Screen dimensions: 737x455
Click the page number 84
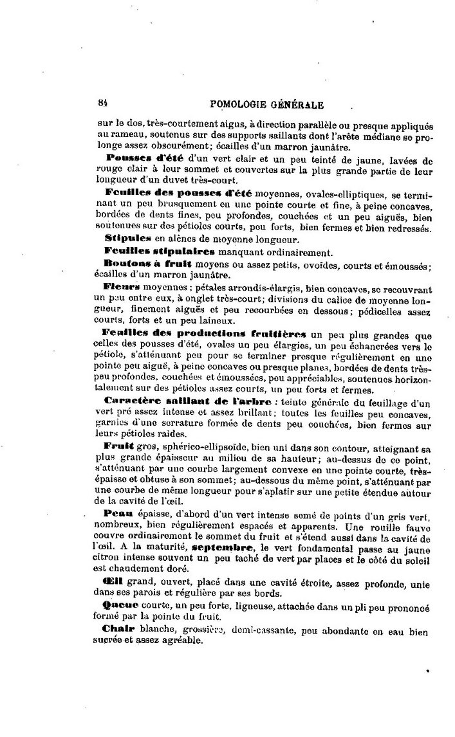coord(102,102)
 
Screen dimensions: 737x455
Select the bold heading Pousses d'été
coord(146,158)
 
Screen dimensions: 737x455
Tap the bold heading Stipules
coord(127,238)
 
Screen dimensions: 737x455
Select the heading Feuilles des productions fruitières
coord(205,332)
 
